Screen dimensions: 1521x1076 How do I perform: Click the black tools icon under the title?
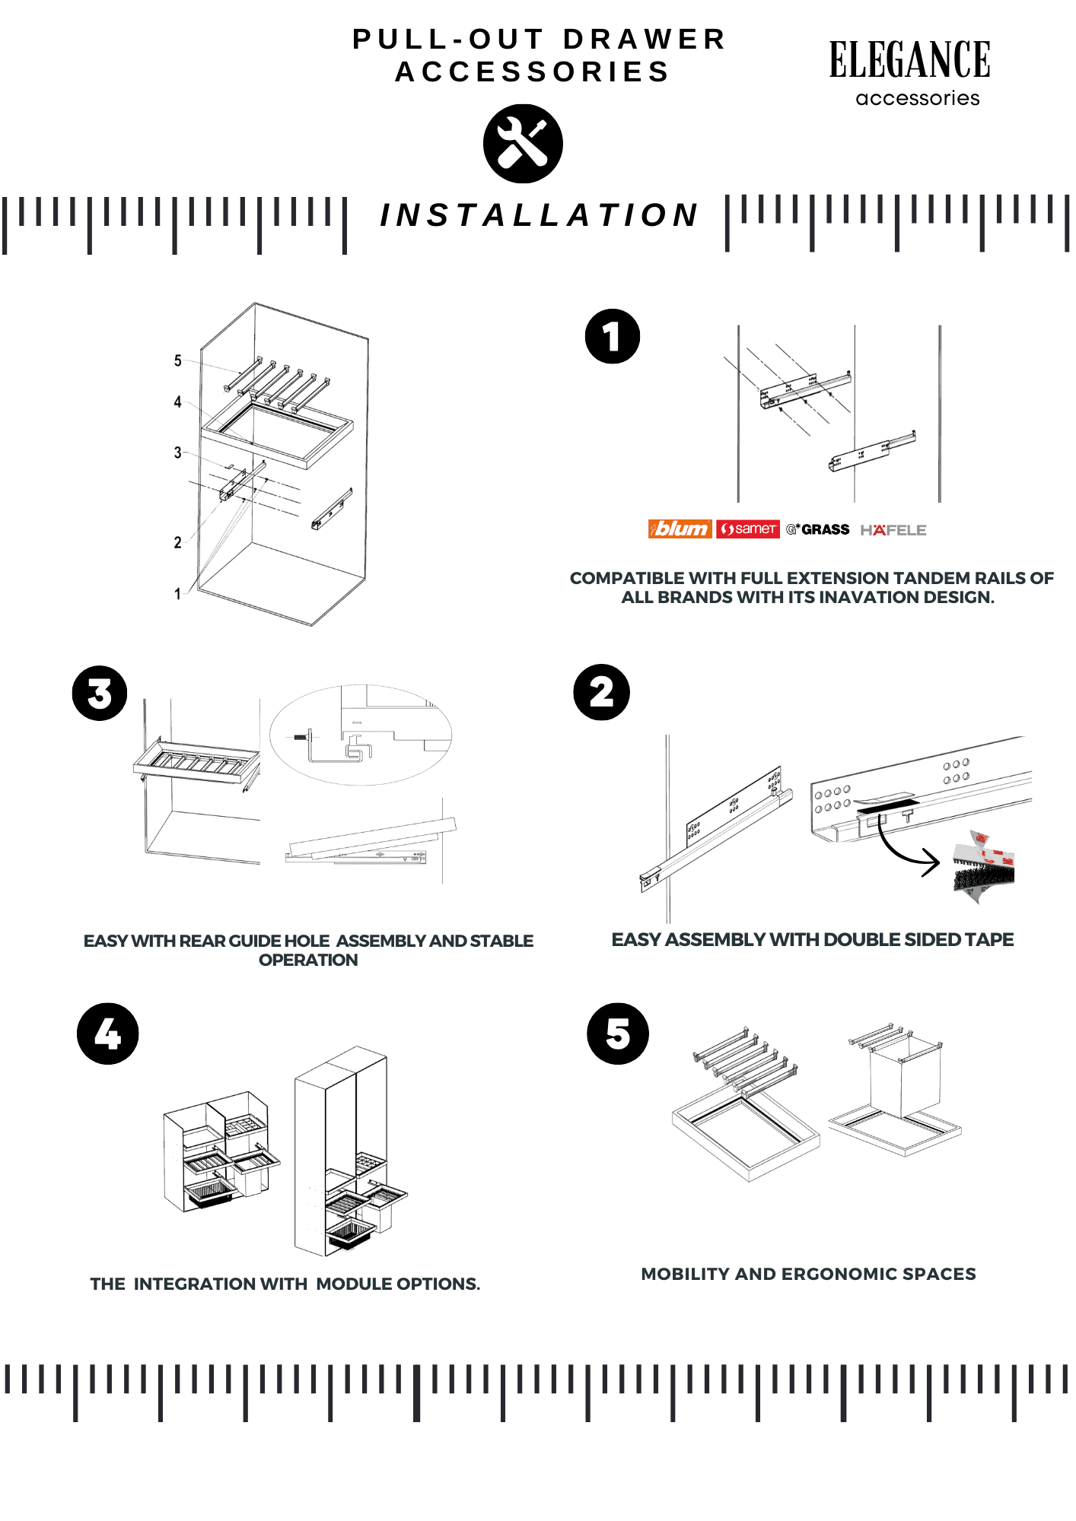click(523, 144)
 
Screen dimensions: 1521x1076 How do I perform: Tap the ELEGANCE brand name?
click(909, 61)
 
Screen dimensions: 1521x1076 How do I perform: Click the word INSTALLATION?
click(539, 215)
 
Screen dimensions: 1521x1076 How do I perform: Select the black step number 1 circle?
click(613, 336)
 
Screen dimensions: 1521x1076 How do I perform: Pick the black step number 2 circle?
click(602, 692)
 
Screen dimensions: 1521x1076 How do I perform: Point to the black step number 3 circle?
click(100, 693)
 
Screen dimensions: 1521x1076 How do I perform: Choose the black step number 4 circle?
click(108, 1034)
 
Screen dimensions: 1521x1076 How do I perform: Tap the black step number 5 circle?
click(618, 1034)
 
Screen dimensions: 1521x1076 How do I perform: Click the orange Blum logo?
click(680, 529)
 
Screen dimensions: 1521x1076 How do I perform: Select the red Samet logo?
click(748, 529)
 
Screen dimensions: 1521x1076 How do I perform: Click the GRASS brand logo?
click(818, 529)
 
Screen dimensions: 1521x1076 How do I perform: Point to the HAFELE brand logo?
click(893, 530)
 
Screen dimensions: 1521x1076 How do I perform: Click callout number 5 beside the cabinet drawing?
click(178, 360)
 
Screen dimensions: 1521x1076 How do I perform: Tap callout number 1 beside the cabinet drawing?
click(178, 594)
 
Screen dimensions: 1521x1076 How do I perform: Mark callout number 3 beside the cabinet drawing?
click(178, 453)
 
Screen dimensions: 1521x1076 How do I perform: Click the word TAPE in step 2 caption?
click(990, 940)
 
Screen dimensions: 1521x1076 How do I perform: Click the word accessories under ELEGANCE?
click(918, 99)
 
